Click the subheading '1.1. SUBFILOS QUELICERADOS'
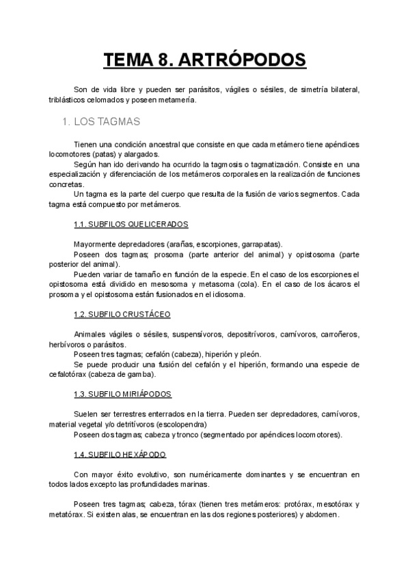coord(131,224)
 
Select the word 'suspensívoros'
coord(184,334)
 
